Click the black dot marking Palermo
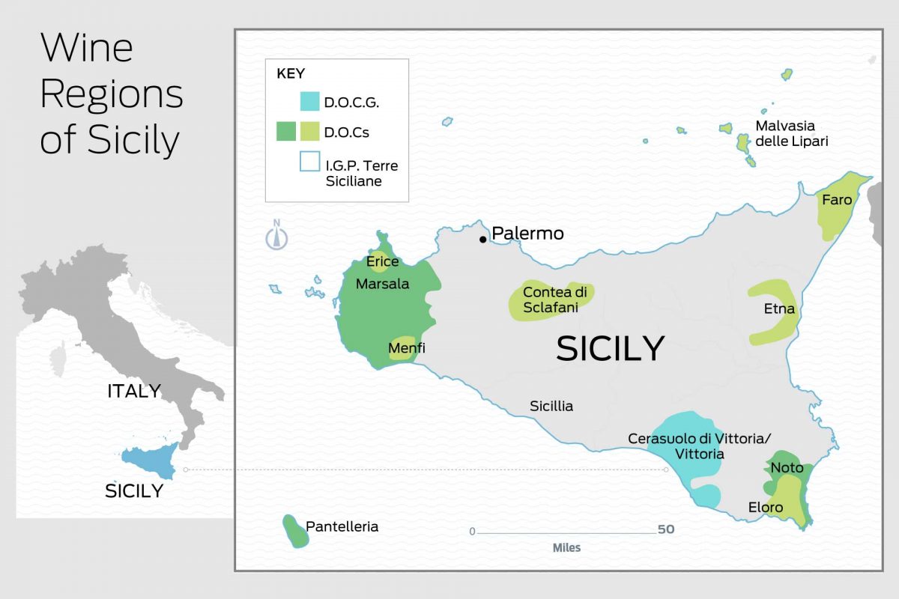pyautogui.click(x=483, y=240)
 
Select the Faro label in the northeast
pyautogui.click(x=837, y=200)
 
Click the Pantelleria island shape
pyautogui.click(x=294, y=531)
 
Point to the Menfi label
pyautogui.click(x=407, y=348)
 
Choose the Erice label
pyautogui.click(x=382, y=262)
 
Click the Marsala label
pyautogui.click(x=382, y=285)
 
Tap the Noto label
pyautogui.click(x=787, y=468)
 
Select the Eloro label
pyautogui.click(x=766, y=508)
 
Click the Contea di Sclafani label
pyautogui.click(x=554, y=299)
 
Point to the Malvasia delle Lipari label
pyautogui.click(x=791, y=133)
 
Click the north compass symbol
pyautogui.click(x=277, y=236)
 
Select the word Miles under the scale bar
pyautogui.click(x=566, y=548)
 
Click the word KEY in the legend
pyautogui.click(x=291, y=74)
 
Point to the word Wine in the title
pyautogui.click(x=86, y=49)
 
